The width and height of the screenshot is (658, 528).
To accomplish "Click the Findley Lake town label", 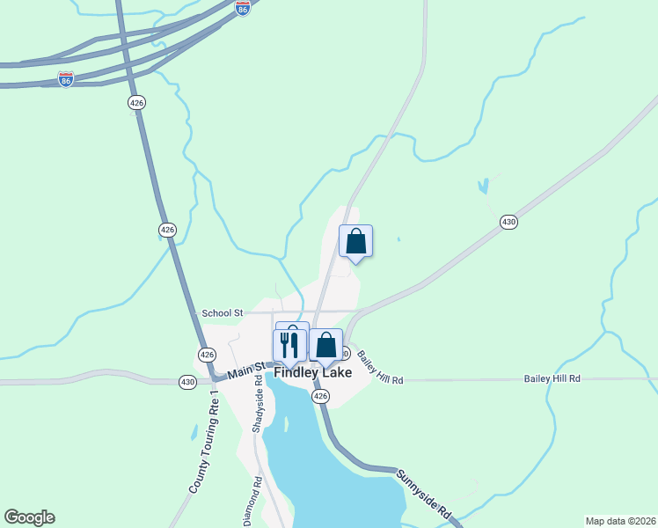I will point(313,372).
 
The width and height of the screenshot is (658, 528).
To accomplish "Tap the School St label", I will point(222,312).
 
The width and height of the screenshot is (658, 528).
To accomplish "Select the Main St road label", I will point(246,370).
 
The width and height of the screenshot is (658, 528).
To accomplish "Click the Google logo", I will point(29,517).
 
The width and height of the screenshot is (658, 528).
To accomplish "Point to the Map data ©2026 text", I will point(620,521).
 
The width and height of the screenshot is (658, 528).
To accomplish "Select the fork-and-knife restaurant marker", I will point(290,342).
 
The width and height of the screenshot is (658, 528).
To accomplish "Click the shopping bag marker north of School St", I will point(355,240).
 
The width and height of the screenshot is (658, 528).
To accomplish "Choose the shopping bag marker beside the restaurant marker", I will point(325,345).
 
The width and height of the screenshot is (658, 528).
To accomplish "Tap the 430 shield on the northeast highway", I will point(508,222).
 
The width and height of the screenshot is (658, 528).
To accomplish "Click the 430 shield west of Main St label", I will point(187,382).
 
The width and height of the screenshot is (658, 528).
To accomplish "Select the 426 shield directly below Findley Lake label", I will point(321,397).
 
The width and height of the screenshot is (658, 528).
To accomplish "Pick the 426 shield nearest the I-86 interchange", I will point(136,103).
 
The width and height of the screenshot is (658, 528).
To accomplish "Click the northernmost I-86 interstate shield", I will point(243,8).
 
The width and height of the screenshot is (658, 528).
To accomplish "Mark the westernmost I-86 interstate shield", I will point(66,79).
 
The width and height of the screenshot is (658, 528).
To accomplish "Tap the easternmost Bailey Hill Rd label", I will point(552,378).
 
